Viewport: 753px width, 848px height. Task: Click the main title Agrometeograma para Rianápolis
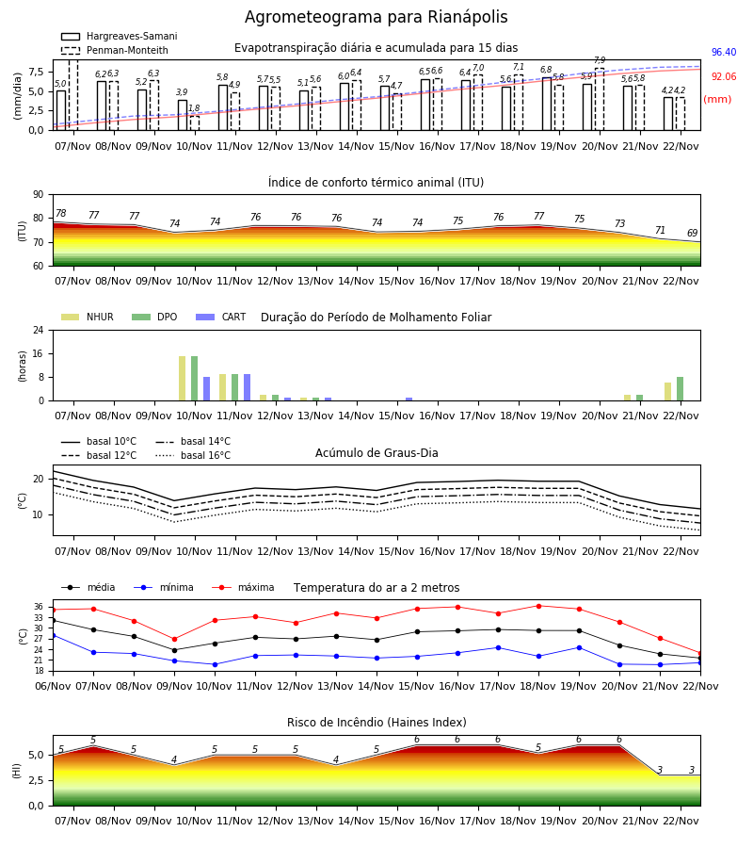point(376,17)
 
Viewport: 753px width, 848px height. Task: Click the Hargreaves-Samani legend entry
point(120,36)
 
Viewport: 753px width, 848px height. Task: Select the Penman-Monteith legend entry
point(115,50)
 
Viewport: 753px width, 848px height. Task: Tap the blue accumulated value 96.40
point(724,52)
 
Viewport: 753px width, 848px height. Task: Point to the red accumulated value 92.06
point(724,77)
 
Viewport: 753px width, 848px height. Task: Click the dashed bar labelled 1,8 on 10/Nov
point(195,122)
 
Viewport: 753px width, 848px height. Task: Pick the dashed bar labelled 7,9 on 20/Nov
point(600,100)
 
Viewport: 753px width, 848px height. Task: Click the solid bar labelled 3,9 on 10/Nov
point(183,115)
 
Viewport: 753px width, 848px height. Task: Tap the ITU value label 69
point(692,233)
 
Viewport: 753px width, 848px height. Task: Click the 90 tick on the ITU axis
point(39,195)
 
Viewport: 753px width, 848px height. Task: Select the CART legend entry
point(220,317)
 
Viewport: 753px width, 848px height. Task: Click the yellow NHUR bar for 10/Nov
point(182,379)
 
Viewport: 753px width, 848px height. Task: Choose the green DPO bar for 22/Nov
point(681,389)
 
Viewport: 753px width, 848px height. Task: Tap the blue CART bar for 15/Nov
point(409,400)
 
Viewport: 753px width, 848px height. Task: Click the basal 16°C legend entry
point(193,455)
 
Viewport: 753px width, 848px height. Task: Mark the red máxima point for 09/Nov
point(174,639)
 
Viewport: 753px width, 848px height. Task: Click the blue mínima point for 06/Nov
point(53,635)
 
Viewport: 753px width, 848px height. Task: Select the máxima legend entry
point(243,587)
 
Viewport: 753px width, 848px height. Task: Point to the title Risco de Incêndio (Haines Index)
point(376,723)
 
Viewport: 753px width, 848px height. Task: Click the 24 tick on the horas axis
point(39,330)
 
